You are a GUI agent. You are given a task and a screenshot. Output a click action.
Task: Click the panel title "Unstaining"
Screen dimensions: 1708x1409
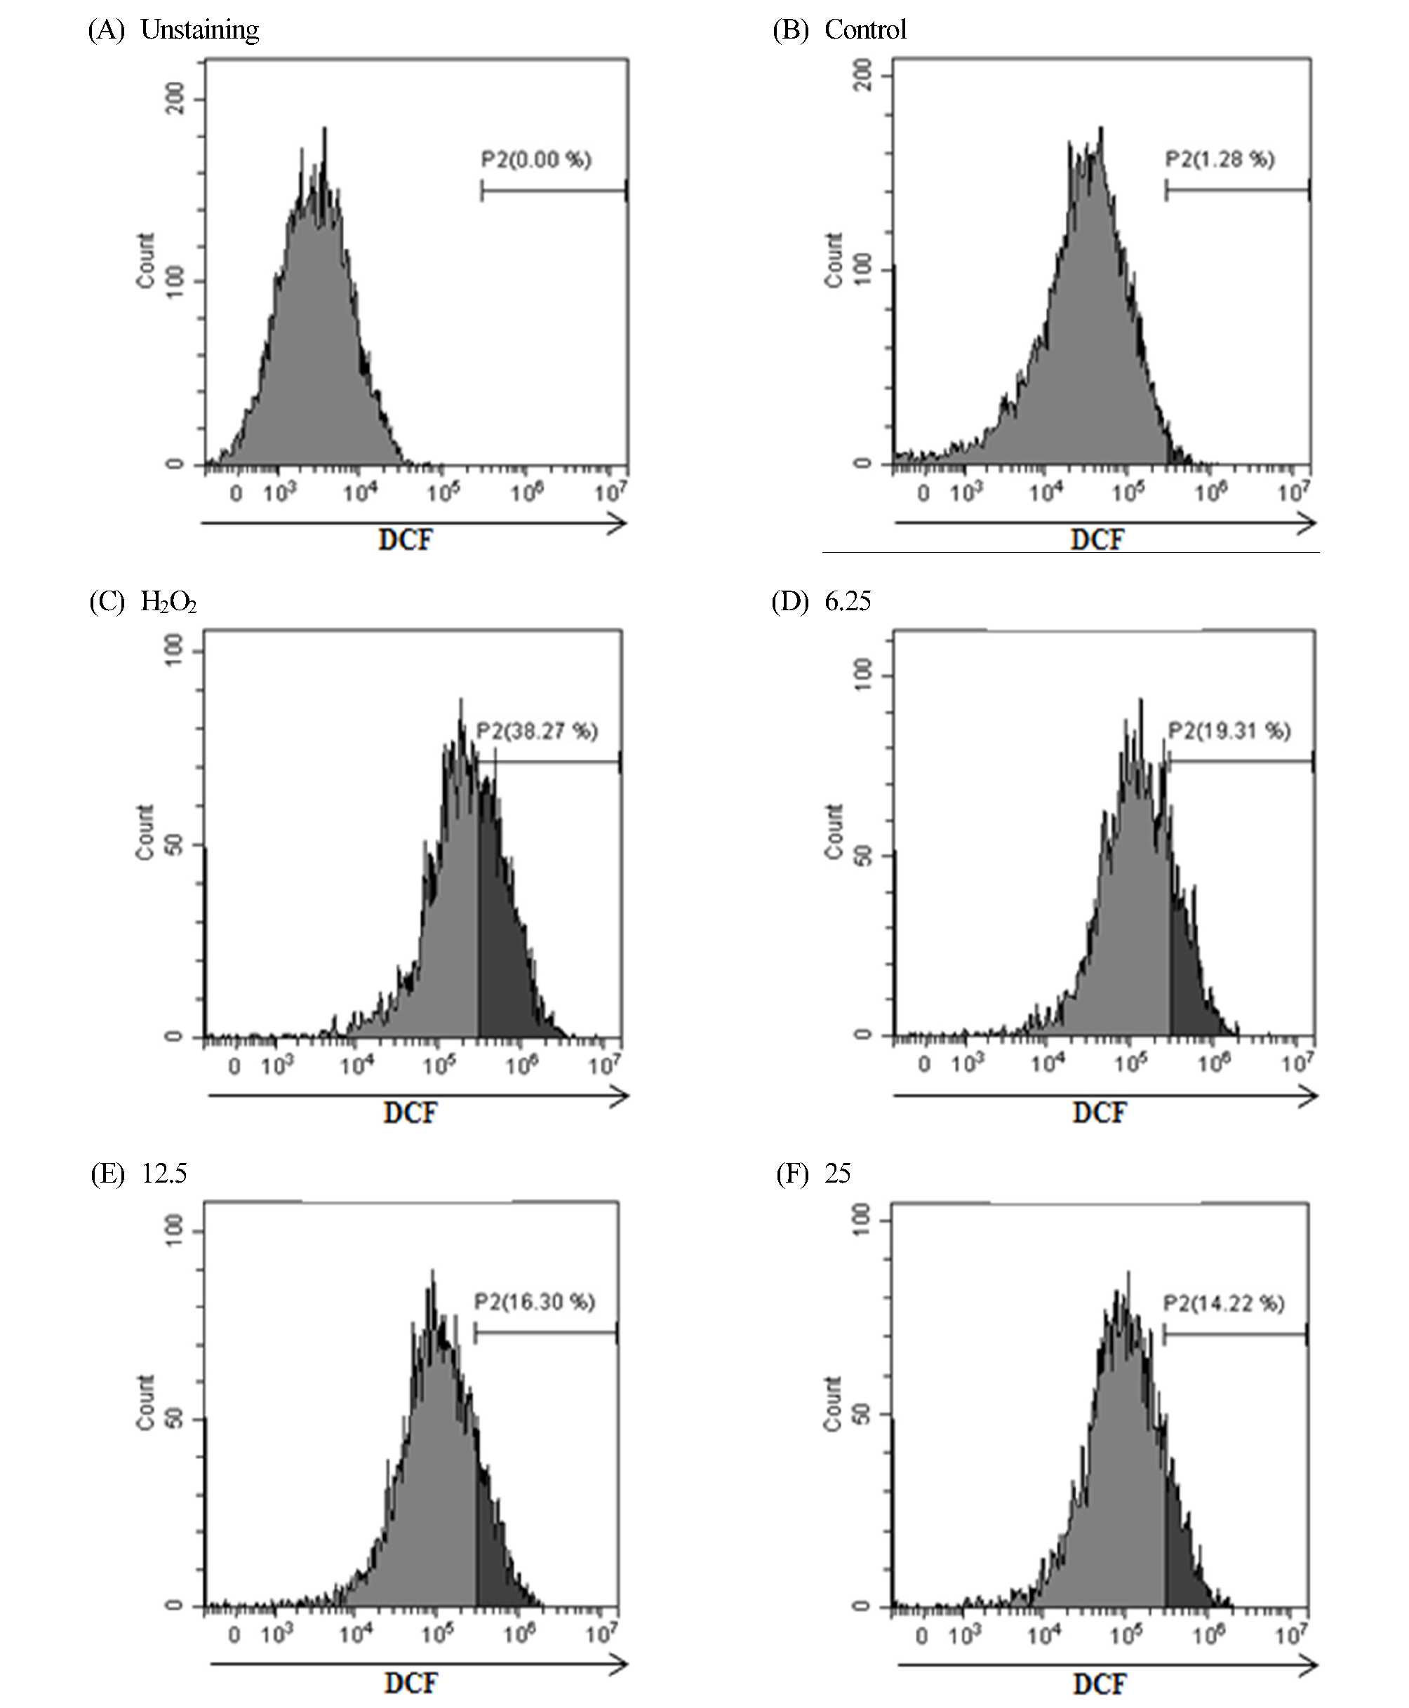click(x=200, y=30)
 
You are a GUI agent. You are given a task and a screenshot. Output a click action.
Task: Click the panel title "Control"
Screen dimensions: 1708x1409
click(x=865, y=30)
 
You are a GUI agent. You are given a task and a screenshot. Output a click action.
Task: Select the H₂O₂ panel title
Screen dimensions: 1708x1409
click(x=168, y=601)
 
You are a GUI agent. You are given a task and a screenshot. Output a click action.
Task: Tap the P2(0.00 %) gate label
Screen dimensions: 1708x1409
click(x=537, y=159)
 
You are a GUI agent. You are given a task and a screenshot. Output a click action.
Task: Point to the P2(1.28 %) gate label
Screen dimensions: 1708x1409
click(x=1220, y=159)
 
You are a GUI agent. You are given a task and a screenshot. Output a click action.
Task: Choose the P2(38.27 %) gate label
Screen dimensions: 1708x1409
click(x=537, y=731)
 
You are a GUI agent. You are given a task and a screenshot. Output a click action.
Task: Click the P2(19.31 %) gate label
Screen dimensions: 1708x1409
click(x=1229, y=731)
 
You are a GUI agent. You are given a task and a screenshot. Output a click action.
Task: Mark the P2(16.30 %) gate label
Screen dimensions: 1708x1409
click(x=535, y=1303)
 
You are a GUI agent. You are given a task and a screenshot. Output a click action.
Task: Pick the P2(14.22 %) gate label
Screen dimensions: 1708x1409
click(x=1224, y=1304)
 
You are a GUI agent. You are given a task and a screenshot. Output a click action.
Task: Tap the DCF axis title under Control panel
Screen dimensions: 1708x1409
click(x=1097, y=539)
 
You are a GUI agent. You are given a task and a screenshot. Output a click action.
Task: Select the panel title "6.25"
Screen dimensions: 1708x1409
click(x=848, y=601)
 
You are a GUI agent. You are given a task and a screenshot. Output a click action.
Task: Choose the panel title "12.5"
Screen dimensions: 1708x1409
click(x=165, y=1174)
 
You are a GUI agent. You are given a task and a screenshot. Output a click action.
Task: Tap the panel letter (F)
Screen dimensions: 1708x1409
click(x=792, y=1174)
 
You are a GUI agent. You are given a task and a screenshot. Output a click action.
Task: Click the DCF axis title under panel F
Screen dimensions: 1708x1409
click(x=1100, y=1683)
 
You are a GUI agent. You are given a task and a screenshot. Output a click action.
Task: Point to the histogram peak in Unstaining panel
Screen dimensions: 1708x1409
click(x=324, y=134)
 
